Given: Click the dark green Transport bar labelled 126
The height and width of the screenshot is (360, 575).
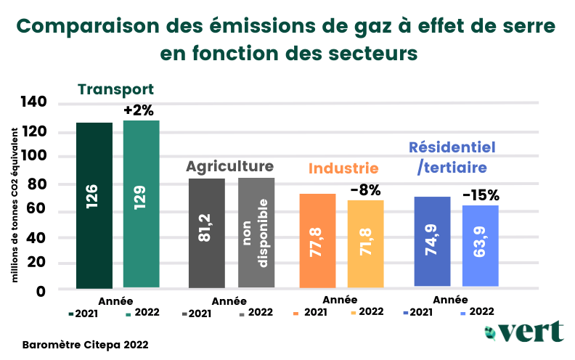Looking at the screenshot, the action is tap(94, 205).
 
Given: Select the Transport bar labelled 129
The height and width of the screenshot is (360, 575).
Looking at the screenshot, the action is tap(141, 204).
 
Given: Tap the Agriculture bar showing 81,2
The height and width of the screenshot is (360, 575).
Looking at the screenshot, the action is tap(207, 233).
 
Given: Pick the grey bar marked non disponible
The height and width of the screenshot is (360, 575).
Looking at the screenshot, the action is tap(256, 233).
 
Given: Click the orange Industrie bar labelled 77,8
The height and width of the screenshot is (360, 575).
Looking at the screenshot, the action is tap(317, 241).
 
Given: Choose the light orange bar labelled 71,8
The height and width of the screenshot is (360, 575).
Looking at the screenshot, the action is tap(366, 244).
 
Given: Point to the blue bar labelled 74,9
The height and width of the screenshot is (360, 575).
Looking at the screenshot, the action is tap(433, 241).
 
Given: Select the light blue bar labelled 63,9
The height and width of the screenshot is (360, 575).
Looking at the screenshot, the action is tap(481, 245).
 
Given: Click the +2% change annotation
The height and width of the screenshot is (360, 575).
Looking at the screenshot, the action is tap(139, 110).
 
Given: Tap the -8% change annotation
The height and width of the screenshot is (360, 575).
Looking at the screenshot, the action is tap(366, 190).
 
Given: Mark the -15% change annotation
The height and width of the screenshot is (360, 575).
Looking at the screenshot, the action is tap(481, 195).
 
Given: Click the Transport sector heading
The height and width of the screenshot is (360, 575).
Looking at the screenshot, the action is tap(115, 90).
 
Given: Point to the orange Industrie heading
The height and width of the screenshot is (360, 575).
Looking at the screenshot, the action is tap(343, 168).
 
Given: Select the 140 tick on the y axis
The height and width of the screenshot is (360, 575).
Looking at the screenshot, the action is tap(33, 102).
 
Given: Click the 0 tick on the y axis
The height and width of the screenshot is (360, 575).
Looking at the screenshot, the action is tap(41, 292).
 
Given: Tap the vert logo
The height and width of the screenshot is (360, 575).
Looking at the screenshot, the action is tap(524, 332).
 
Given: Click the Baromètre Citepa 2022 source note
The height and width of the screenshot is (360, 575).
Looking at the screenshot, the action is tap(86, 345).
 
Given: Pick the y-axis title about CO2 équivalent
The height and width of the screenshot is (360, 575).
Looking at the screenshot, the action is tap(15, 205).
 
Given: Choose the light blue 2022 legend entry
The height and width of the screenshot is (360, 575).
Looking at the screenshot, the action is tap(478, 311).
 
